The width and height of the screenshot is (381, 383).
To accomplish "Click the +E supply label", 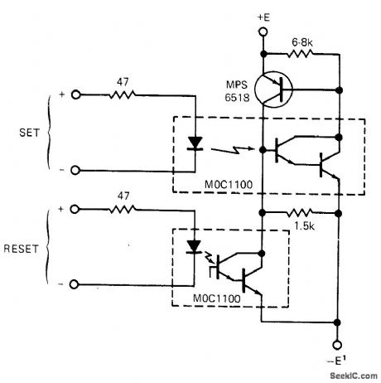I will tap(263, 17).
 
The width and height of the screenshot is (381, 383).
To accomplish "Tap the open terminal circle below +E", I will tap(262, 32).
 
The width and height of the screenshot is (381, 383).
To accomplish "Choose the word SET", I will tap(23, 133).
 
